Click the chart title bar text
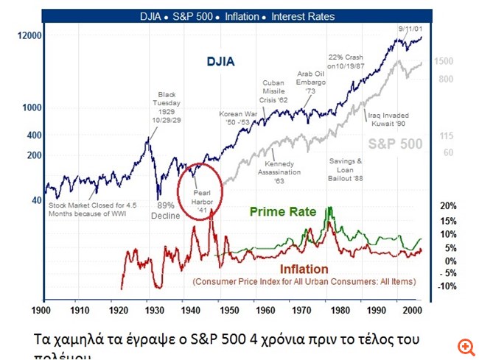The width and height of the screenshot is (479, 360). click(x=237, y=16)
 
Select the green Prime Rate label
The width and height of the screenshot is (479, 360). click(x=283, y=212)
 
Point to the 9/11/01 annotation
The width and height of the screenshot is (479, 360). click(x=404, y=27)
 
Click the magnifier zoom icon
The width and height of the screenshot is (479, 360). click(x=464, y=346)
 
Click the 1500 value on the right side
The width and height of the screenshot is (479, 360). click(x=444, y=62)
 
